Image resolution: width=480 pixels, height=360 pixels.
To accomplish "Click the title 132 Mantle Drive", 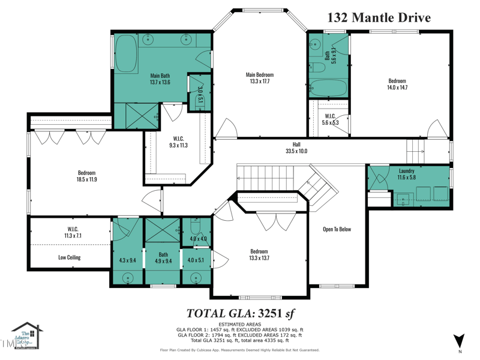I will tap(379, 17).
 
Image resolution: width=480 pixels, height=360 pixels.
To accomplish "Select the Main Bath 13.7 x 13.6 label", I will tap(160, 79).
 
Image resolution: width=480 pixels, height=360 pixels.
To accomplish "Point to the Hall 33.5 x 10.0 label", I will tap(296, 148).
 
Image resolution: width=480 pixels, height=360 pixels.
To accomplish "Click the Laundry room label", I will tap(406, 175).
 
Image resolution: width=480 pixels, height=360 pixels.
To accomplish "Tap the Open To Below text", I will tap(337, 229).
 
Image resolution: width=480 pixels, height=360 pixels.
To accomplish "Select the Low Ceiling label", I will tap(70, 257).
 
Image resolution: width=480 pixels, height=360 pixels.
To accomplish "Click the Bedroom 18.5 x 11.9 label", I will tap(86, 176).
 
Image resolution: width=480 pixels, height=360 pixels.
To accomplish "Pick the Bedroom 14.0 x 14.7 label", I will tap(397, 84).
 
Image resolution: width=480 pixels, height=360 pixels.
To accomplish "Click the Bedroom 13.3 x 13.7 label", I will tap(259, 255).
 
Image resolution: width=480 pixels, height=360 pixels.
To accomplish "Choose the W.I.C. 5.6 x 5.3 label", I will tap(331, 119).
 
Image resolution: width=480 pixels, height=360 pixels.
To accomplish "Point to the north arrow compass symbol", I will tap(460, 340).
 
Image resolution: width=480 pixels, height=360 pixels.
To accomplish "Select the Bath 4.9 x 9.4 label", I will tap(163, 258).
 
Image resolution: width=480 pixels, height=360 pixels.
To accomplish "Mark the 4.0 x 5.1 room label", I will tap(196, 260).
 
